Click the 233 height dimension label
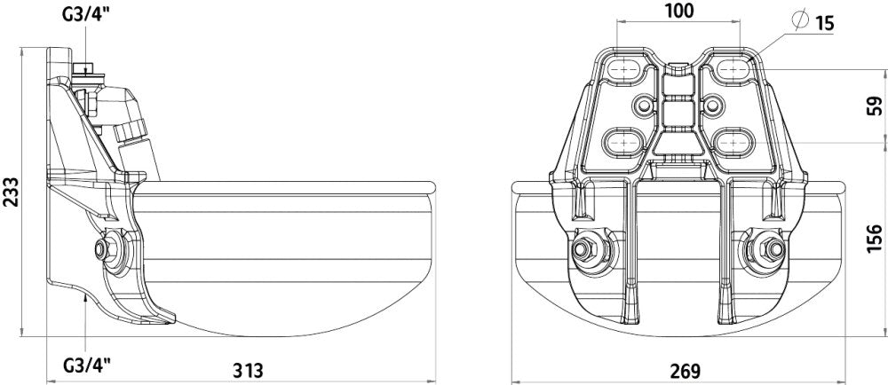point(11,192)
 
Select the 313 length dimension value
point(248,370)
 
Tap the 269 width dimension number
point(686,371)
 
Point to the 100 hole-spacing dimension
point(678,11)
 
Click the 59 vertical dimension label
point(875,106)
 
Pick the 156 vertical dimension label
point(875,238)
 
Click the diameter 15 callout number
point(825,23)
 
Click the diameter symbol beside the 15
point(801,20)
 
